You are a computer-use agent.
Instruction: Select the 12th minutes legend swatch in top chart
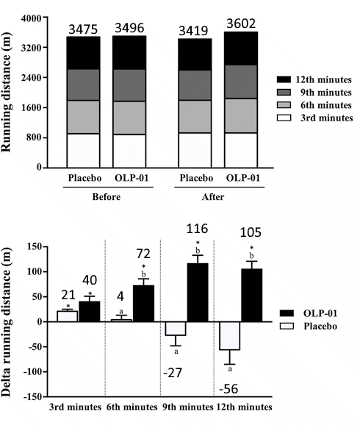pos(282,78)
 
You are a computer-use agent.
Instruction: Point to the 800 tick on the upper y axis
pos(34,137)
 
